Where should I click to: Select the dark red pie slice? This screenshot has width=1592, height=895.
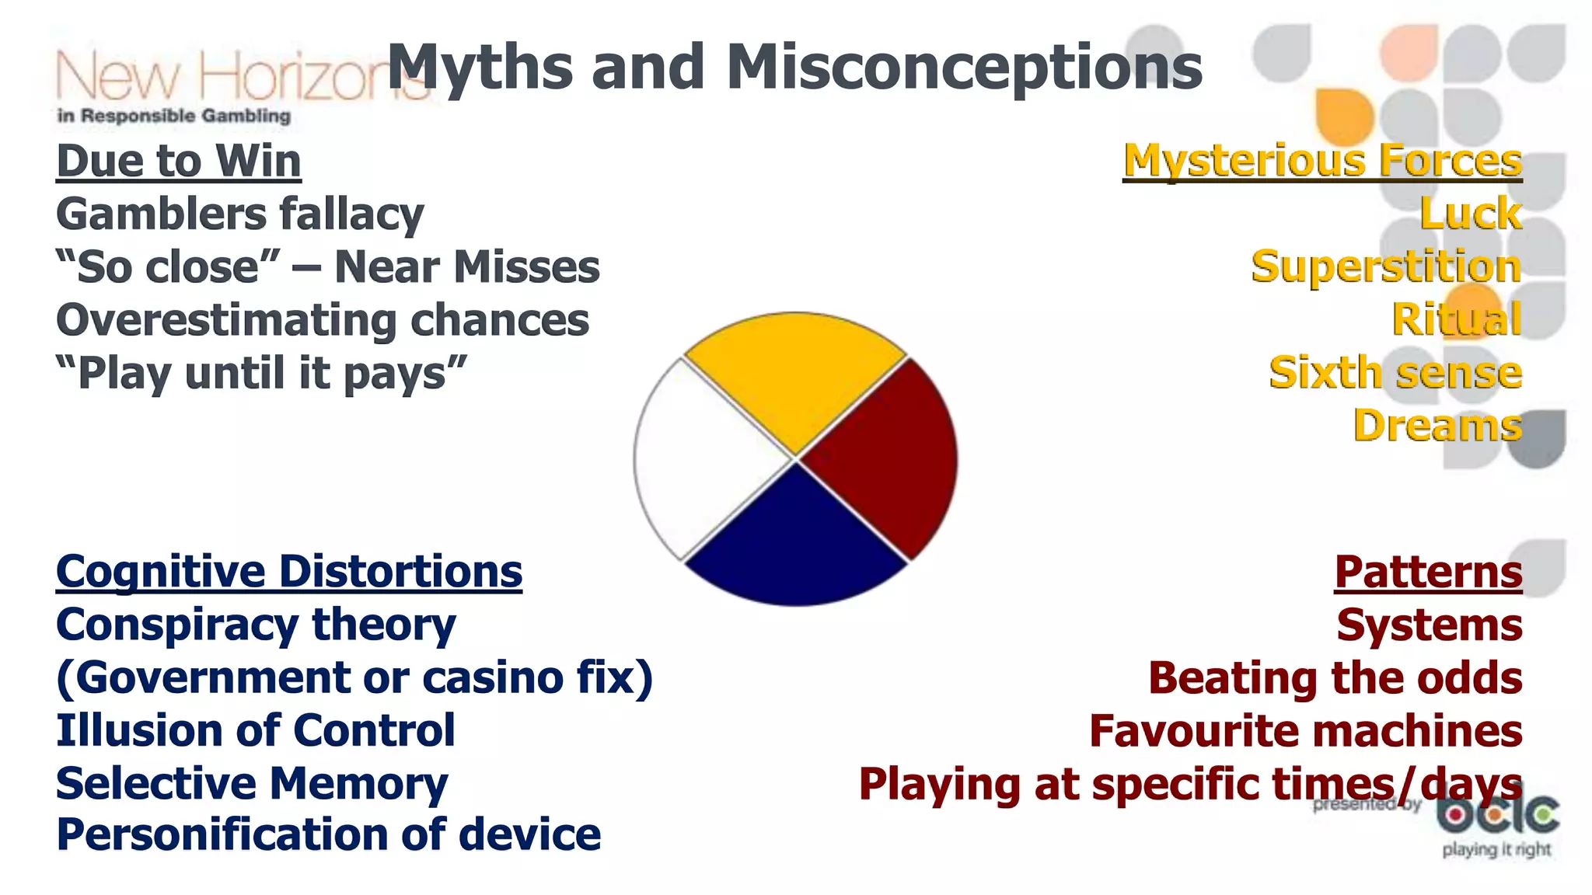[886, 458]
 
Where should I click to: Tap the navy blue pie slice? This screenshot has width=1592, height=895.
[794, 544]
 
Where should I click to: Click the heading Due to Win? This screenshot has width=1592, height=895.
[179, 162]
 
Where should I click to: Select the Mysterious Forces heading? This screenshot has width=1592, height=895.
[1321, 162]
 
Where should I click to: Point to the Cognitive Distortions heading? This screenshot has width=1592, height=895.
[289, 573]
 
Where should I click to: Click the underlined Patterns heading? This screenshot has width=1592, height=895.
[1428, 573]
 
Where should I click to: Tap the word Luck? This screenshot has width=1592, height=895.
[1470, 214]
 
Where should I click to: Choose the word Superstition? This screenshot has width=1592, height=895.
[1386, 267]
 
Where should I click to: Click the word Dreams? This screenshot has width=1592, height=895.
[1437, 426]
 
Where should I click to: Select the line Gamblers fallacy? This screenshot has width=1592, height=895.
[240, 214]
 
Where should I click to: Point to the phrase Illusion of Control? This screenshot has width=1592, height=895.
[256, 731]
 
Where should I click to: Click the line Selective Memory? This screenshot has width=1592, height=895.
[252, 784]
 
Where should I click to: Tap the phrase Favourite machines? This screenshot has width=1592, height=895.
[1305, 731]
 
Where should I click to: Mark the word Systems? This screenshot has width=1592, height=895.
[1429, 625]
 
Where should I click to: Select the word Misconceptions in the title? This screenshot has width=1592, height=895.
[964, 68]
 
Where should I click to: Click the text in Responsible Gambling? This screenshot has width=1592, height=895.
[174, 116]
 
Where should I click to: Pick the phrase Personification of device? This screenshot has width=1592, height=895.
[328, 835]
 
